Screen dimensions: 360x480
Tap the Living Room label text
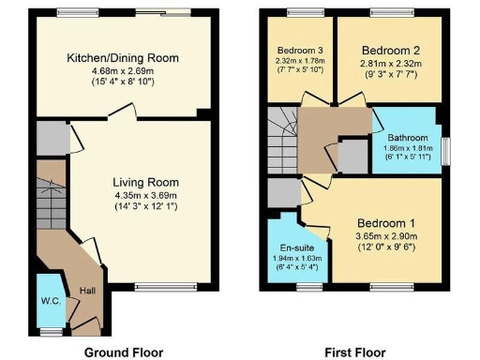tap(145, 182)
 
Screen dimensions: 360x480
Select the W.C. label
tap(50, 302)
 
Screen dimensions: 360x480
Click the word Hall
tap(87, 292)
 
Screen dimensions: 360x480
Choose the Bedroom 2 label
tap(385, 48)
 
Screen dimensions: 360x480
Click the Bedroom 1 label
tap(387, 223)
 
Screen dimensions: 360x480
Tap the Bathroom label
tap(404, 137)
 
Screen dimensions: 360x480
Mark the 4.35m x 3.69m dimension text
tap(145, 195)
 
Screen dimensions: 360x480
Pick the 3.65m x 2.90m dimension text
tap(387, 237)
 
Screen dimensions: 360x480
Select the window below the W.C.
tap(51, 331)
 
